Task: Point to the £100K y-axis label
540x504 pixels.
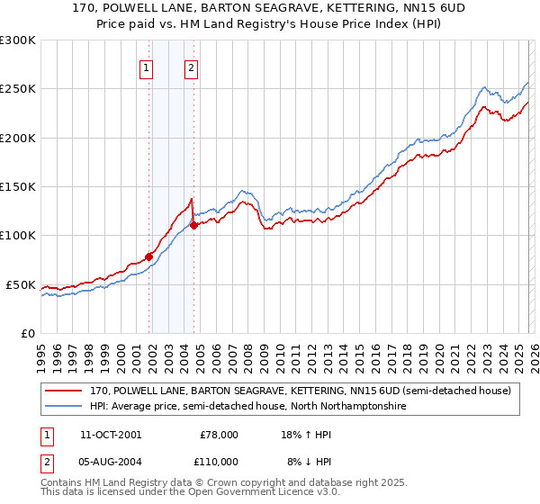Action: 18,235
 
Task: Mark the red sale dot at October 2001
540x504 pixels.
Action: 148,257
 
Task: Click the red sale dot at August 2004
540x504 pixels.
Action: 193,226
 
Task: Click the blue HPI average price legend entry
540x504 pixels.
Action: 247,407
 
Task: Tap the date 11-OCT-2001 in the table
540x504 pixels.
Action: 111,435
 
